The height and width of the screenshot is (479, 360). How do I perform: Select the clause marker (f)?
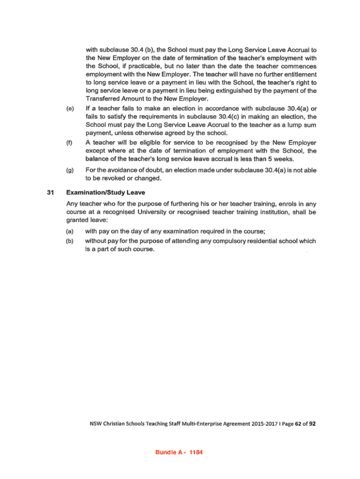70,142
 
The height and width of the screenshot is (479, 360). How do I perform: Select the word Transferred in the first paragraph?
102,99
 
